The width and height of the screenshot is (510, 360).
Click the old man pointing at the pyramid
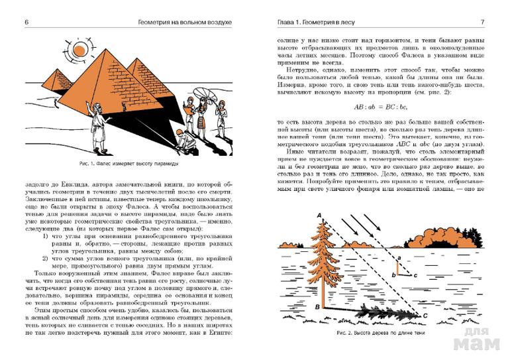click(98, 127)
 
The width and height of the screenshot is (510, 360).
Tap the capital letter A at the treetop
click(319, 215)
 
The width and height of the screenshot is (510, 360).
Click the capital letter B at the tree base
click(319, 308)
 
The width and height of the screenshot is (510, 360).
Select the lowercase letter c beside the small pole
click(415, 274)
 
